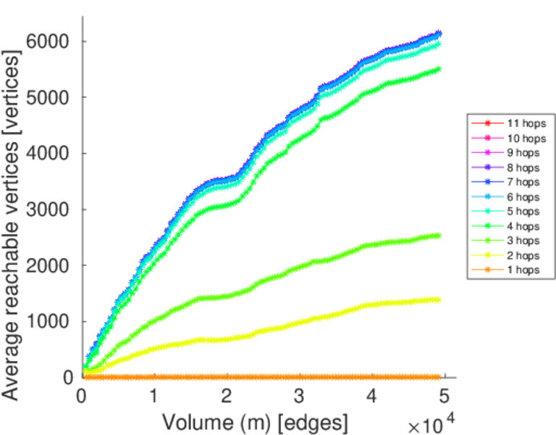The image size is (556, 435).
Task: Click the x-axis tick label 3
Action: pos(299,397)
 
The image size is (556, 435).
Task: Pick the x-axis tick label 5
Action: pos(444,397)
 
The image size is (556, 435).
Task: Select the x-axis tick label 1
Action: pos(154,397)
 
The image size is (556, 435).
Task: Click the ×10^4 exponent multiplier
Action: pos(433,423)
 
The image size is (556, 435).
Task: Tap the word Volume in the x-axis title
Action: pos(191,421)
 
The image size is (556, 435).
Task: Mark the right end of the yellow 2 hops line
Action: pos(439,299)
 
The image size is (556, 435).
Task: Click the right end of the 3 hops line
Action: pos(439,235)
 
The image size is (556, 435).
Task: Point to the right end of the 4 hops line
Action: pos(439,70)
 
